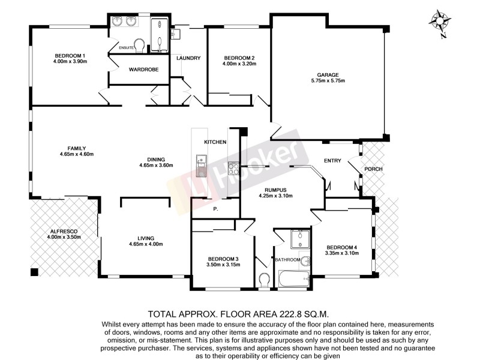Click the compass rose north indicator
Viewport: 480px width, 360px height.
(x=441, y=22)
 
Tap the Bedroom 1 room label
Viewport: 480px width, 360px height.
(x=67, y=55)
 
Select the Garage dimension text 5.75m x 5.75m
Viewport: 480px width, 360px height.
(x=328, y=80)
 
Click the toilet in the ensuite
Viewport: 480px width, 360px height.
(x=139, y=45)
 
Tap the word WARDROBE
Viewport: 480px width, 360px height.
(x=143, y=70)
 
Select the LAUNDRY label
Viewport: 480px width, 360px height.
(x=188, y=58)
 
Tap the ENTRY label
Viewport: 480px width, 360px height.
(x=332, y=160)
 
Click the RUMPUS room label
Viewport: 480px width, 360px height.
(x=271, y=189)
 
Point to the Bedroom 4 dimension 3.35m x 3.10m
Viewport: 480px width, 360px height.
(x=343, y=253)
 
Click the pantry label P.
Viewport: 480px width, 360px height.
(x=214, y=209)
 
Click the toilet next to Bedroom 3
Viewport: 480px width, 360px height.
(x=265, y=280)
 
